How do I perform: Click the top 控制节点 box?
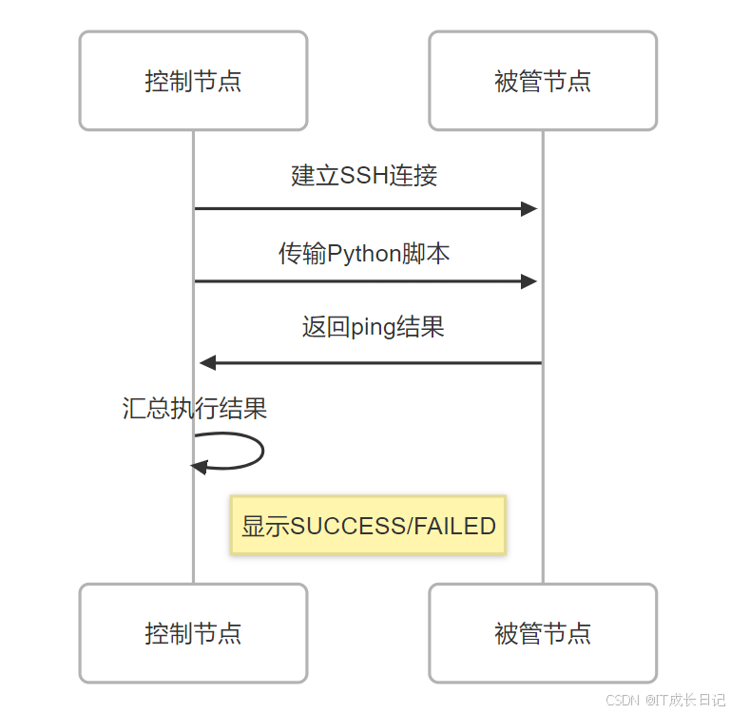(193, 81)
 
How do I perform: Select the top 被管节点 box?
(543, 81)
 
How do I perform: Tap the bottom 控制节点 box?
(193, 633)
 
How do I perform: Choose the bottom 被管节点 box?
(543, 633)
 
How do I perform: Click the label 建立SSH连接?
(364, 176)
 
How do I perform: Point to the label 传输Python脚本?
(364, 253)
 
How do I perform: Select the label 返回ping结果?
(373, 328)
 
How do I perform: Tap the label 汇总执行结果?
(195, 409)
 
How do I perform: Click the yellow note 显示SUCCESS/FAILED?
(369, 525)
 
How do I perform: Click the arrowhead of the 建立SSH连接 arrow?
(529, 209)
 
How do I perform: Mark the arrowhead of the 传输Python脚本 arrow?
(529, 281)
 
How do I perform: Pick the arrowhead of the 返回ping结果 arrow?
(208, 362)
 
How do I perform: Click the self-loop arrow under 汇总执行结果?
(259, 451)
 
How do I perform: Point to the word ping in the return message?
(374, 329)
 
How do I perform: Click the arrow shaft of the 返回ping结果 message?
(380, 362)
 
